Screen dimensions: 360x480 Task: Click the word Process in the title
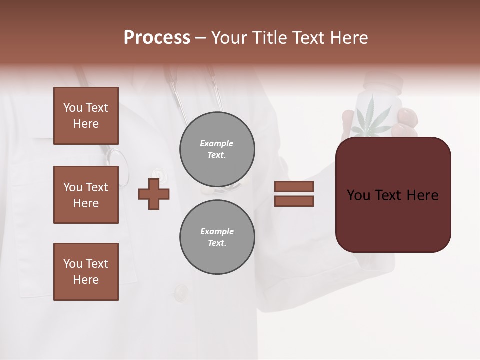(x=157, y=38)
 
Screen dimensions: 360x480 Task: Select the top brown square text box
(x=86, y=116)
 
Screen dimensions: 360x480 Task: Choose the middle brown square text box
(x=86, y=195)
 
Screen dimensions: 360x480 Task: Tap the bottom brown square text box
(x=86, y=272)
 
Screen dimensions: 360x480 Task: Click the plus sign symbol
(x=154, y=194)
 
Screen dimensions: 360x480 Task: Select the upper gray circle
(x=217, y=149)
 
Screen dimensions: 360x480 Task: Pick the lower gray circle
(x=217, y=237)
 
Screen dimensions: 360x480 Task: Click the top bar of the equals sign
(x=294, y=186)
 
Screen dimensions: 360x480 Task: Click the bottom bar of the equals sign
(x=294, y=201)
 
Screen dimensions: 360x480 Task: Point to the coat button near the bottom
(x=181, y=291)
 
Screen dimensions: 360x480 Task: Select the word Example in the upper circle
(x=217, y=143)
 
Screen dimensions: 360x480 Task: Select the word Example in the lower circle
(x=217, y=231)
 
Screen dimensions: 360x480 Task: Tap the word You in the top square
(x=72, y=108)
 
